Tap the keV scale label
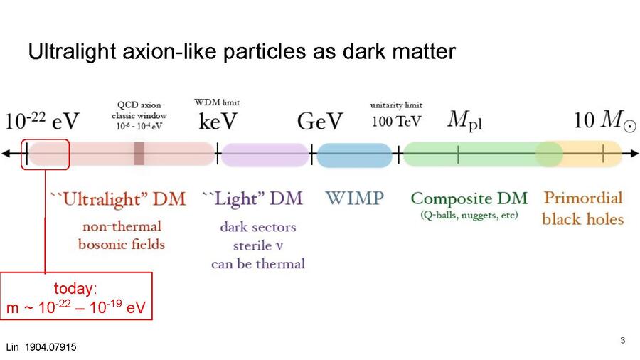[218, 121]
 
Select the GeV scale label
[320, 121]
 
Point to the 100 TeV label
[396, 121]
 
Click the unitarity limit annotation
[396, 105]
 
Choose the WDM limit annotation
[217, 102]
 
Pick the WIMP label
[354, 198]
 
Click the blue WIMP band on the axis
[354, 155]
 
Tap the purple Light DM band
[265, 154]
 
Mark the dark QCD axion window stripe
[139, 154]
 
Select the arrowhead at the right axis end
[634, 154]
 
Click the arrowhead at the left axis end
[6, 154]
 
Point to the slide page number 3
[622, 340]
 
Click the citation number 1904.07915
[50, 347]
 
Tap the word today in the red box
[75, 288]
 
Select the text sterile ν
[258, 245]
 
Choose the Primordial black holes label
[583, 208]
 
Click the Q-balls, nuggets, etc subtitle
[469, 215]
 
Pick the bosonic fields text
[122, 245]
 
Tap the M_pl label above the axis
[465, 120]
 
